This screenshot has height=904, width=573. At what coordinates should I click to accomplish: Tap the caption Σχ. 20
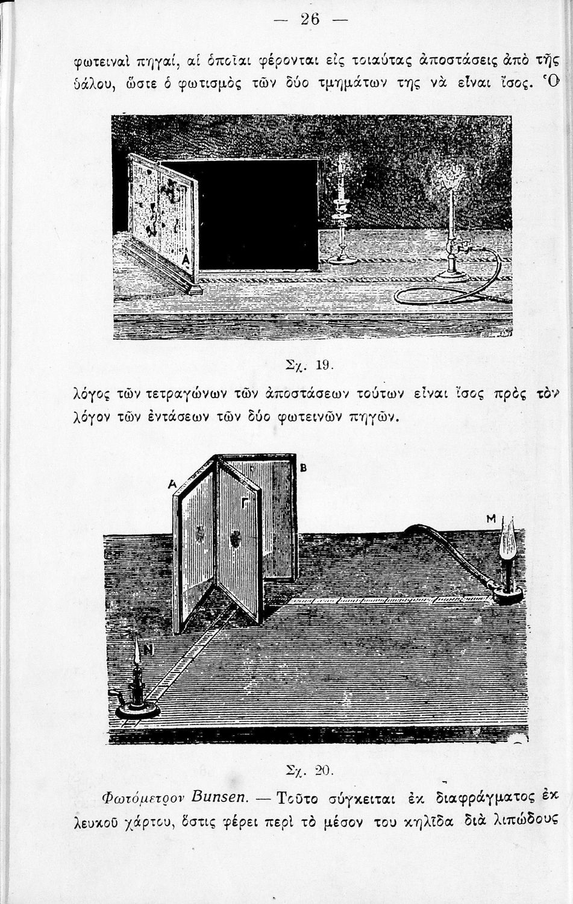click(x=307, y=771)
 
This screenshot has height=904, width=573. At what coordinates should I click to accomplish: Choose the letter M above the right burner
click(x=490, y=519)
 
